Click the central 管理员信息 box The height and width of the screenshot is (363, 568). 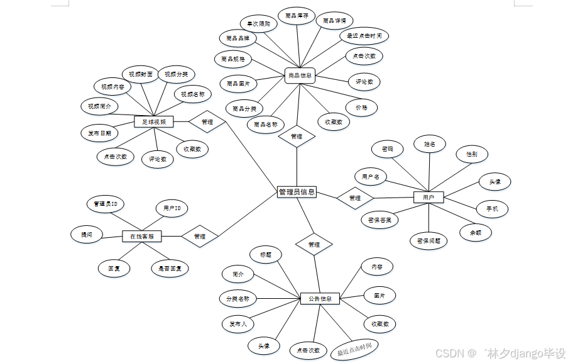click(297, 193)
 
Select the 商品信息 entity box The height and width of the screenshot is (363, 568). click(299, 75)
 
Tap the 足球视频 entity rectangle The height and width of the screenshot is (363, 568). click(153, 121)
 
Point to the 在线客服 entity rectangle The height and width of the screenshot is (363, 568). click(142, 237)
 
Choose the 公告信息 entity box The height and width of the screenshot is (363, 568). click(320, 298)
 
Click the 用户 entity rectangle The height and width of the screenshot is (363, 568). click(429, 198)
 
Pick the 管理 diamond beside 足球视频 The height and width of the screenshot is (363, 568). click(207, 121)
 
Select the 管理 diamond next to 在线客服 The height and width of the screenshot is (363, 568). click(200, 237)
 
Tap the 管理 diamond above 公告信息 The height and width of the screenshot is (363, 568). click(314, 244)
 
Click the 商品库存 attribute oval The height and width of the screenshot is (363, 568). click(297, 16)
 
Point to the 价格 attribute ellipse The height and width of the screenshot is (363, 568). click(361, 108)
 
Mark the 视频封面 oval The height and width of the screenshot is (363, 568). click(137, 74)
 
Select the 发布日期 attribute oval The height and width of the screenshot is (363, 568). click(99, 133)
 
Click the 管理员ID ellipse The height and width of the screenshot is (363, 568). click(105, 204)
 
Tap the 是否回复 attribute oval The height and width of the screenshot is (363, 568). click(170, 269)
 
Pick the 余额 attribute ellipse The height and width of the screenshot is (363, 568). click(476, 232)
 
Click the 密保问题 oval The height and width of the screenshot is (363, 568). click(429, 240)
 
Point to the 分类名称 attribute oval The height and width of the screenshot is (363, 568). click(238, 298)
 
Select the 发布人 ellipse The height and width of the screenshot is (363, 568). click(238, 324)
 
